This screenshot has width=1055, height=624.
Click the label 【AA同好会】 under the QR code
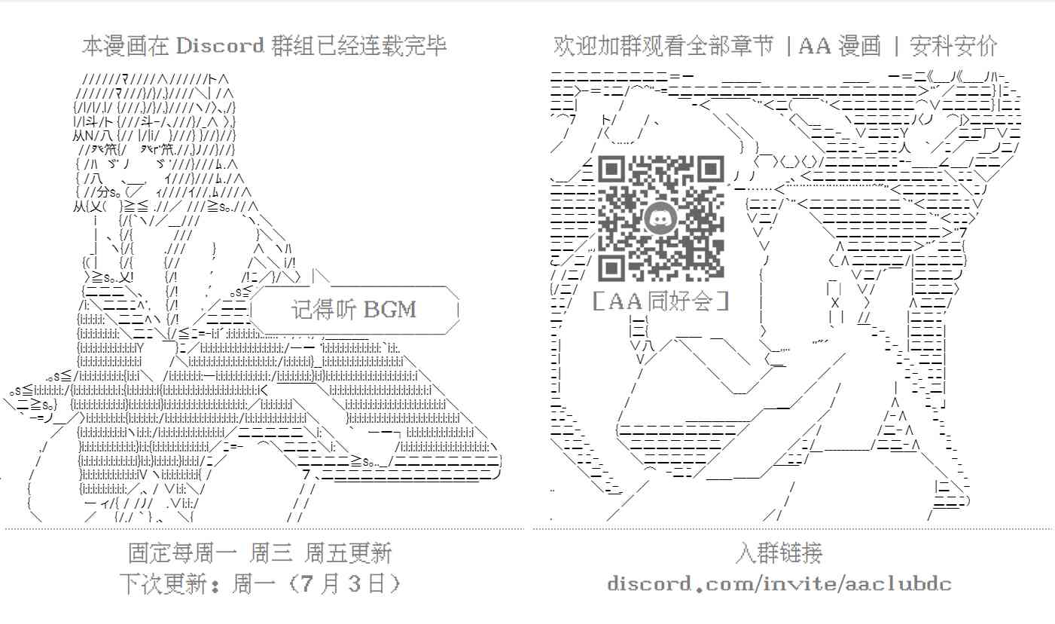tap(660, 301)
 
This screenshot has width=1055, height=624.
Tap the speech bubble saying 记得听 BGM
tap(354, 309)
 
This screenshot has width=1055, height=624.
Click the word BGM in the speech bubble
tap(390, 309)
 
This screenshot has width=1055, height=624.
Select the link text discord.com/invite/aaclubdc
tap(779, 583)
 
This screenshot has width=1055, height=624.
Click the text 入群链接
tap(779, 554)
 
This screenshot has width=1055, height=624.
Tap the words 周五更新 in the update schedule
tap(348, 554)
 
